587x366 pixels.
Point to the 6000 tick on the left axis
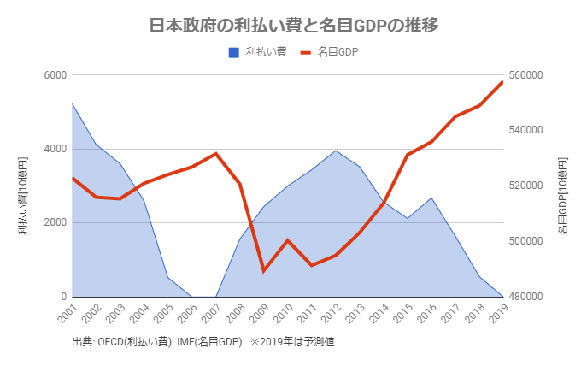click(x=55, y=75)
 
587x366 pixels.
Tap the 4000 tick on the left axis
click(x=55, y=149)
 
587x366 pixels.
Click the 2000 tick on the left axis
click(x=55, y=223)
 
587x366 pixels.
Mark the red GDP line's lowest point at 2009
click(x=264, y=271)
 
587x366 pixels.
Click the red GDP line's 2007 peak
click(x=216, y=154)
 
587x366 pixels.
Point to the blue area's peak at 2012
click(x=336, y=151)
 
